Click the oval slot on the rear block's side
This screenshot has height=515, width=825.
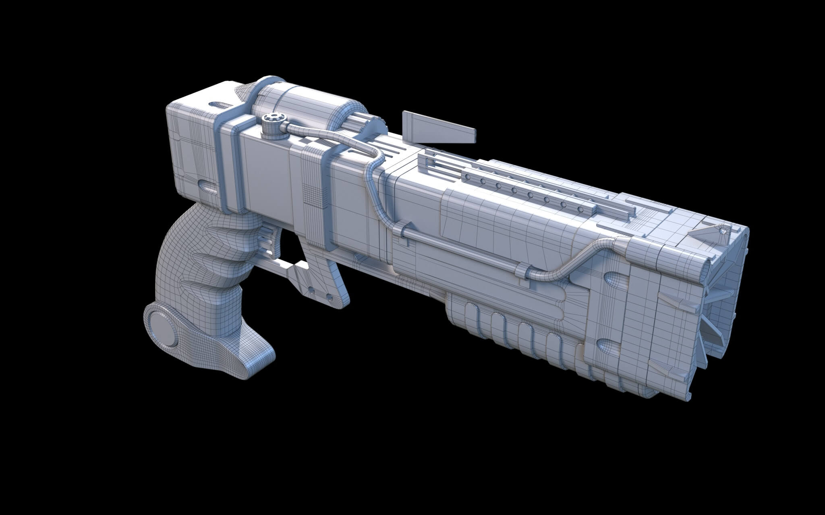tap(207, 185)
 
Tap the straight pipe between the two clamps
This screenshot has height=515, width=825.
tap(463, 249)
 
